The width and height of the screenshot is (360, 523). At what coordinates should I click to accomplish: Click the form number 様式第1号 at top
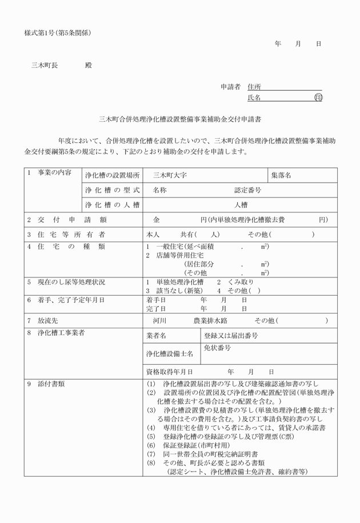coord(41,33)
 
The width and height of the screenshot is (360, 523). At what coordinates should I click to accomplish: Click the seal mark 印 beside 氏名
coord(318,98)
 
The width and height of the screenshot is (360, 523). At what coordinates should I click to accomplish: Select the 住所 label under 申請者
coord(254,87)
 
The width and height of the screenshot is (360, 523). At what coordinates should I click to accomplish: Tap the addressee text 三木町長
coord(44,65)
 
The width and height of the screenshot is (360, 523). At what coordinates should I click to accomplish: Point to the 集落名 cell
coord(281,175)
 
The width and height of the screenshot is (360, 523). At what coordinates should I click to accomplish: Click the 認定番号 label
coord(247,190)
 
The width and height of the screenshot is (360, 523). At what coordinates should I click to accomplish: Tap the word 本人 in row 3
coord(153,234)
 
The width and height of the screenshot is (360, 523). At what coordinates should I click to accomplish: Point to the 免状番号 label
coord(217,348)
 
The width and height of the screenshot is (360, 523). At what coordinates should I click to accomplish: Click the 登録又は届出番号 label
coord(231,336)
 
